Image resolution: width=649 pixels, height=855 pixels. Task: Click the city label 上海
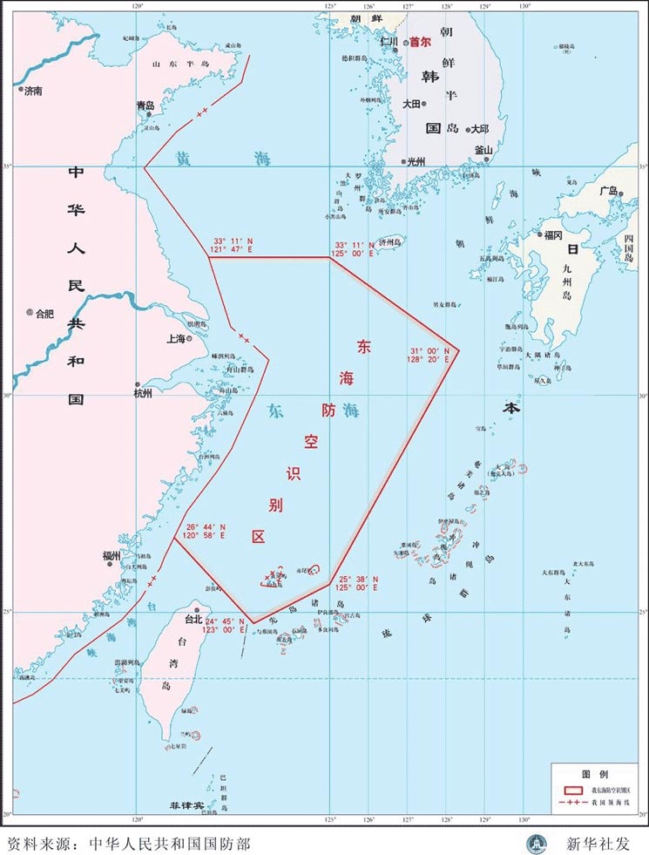(x=176, y=338)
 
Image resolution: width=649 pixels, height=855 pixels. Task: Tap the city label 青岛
(x=145, y=105)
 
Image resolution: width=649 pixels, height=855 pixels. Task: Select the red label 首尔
(x=420, y=41)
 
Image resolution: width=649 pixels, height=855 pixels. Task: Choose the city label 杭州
(x=143, y=393)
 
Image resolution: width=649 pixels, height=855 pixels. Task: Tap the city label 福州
(x=112, y=555)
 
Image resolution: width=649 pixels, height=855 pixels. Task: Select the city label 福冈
(x=554, y=234)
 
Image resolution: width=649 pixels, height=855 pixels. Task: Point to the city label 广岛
(x=606, y=191)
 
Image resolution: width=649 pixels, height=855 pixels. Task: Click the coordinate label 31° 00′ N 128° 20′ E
(x=429, y=354)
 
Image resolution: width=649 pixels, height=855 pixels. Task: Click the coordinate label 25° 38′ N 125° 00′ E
(x=357, y=584)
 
